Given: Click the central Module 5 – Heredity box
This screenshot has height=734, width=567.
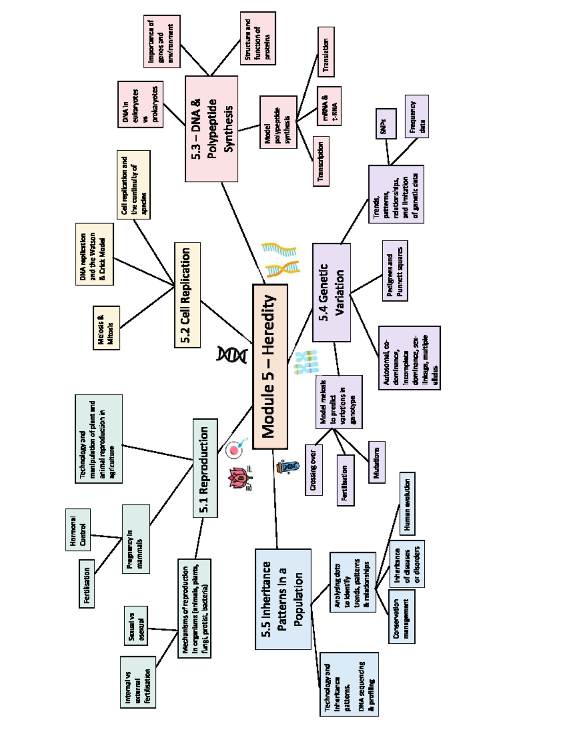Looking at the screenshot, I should [x=270, y=366].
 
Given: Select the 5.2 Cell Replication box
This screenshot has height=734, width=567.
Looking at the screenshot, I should [x=187, y=295].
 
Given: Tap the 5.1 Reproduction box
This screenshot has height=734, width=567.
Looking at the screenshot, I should [x=205, y=468].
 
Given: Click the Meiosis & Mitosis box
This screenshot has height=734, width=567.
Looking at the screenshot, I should [x=106, y=328].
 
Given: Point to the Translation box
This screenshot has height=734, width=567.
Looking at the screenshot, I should [x=326, y=52].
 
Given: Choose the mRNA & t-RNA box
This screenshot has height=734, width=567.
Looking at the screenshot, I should [x=329, y=106].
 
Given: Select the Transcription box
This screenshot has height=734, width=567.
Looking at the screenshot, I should [x=321, y=161].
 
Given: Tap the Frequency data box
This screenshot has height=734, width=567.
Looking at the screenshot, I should [x=417, y=116].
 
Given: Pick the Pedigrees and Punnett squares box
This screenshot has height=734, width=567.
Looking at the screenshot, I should [x=395, y=270].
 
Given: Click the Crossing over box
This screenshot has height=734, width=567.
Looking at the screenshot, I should [x=314, y=469].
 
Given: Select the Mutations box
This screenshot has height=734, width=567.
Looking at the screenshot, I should [x=377, y=462].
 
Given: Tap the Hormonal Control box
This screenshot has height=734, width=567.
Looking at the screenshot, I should [x=78, y=529].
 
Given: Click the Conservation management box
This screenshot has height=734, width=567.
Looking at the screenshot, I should [x=402, y=616].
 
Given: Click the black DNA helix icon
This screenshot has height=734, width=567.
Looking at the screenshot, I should [x=232, y=354].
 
